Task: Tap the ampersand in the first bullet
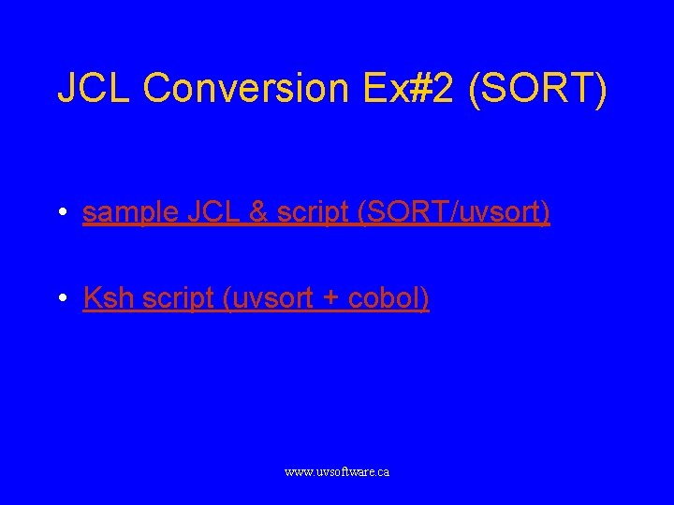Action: (x=257, y=213)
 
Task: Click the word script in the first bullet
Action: (x=310, y=213)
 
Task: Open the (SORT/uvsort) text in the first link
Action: (x=452, y=213)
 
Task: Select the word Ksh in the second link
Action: (x=105, y=298)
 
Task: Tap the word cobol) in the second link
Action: (x=388, y=298)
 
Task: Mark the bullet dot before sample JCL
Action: (x=61, y=214)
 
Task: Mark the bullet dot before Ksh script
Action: (x=61, y=299)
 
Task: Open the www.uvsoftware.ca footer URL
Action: (x=337, y=472)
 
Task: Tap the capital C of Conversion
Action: (x=161, y=88)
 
